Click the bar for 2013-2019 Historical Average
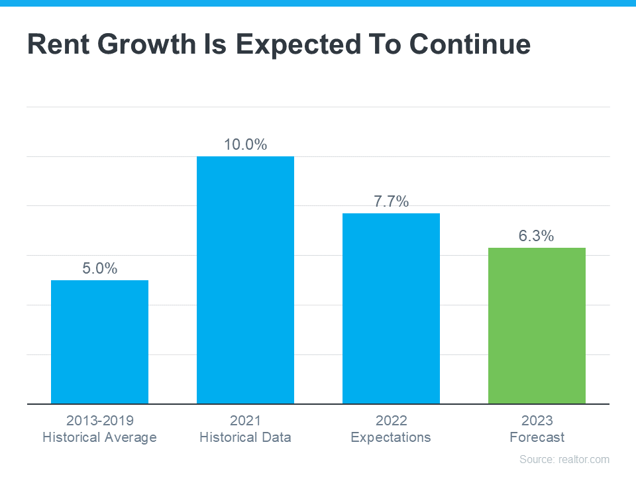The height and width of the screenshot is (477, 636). pyautogui.click(x=99, y=342)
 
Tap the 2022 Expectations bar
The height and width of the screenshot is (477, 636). pyautogui.click(x=391, y=308)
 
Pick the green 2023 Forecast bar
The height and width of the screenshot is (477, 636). pyautogui.click(x=537, y=325)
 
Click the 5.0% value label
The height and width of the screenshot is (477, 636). pyautogui.click(x=99, y=268)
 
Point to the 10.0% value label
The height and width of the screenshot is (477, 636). pyautogui.click(x=245, y=144)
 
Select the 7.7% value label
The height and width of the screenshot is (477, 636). pyautogui.click(x=391, y=201)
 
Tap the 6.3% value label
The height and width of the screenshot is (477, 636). pyautogui.click(x=537, y=236)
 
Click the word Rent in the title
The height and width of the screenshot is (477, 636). pyautogui.click(x=58, y=44)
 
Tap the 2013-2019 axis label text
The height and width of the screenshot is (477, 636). pyautogui.click(x=99, y=421)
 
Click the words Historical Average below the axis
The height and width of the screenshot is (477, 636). pyautogui.click(x=99, y=437)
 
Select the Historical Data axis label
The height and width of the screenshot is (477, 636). pyautogui.click(x=245, y=437)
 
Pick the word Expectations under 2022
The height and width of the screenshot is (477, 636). pyautogui.click(x=391, y=437)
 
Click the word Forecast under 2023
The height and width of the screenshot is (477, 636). pyautogui.click(x=537, y=437)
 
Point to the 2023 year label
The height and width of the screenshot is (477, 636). pyautogui.click(x=537, y=421)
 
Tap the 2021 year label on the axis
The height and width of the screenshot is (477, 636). pyautogui.click(x=245, y=421)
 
